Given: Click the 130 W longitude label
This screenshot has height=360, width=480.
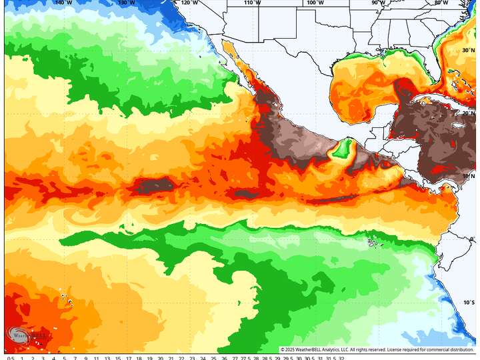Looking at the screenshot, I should click(127, 3).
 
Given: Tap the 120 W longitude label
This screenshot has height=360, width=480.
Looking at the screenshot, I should click(189, 3).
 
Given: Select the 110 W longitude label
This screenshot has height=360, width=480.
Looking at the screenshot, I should click(252, 3).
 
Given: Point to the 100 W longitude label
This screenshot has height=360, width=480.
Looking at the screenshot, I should click(315, 3).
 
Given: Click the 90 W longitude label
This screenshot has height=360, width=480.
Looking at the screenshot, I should click(378, 3).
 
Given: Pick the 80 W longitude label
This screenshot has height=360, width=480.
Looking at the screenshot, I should click(441, 3).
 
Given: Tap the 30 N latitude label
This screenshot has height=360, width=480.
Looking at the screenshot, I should click(469, 50).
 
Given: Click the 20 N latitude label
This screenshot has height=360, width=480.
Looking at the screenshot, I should click(469, 113).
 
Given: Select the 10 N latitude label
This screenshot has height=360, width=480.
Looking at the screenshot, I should click(469, 176).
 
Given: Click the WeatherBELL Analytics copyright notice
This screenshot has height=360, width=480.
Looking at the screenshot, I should click(377, 349).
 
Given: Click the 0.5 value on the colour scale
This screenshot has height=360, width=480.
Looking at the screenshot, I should click(11, 357).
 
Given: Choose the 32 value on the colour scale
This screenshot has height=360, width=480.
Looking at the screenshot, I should click(341, 357).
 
